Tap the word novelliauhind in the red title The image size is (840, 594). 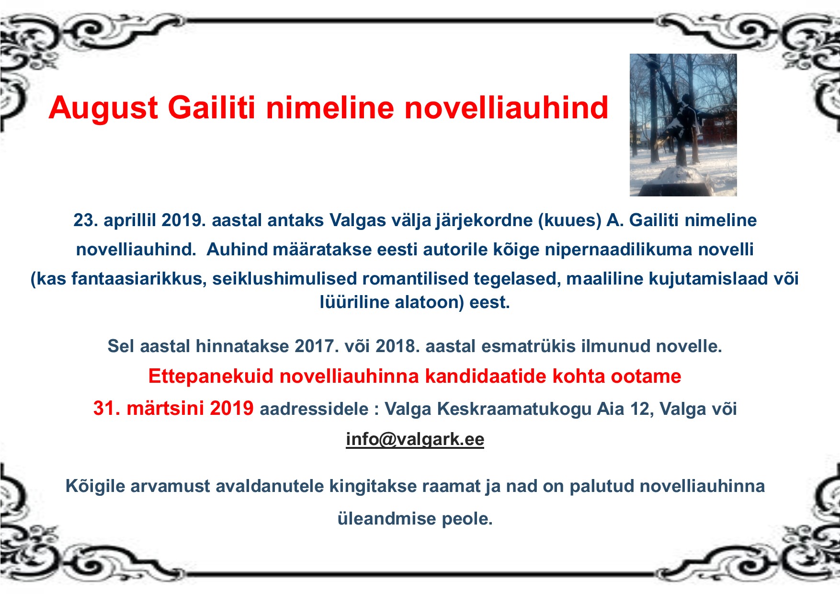(507, 107)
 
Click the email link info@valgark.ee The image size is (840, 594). (415, 439)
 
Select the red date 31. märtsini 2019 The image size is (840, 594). (173, 408)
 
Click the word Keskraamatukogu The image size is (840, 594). (514, 409)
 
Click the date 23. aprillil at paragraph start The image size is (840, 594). (115, 220)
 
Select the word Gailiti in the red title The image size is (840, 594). (211, 107)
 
